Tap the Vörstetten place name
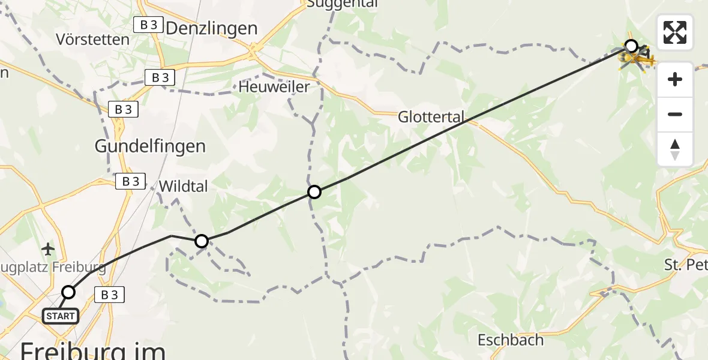pos(92,40)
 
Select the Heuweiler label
pos(274,87)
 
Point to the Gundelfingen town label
pos(150,146)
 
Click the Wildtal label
pos(183,187)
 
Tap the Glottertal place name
pos(431,118)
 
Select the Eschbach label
pos(511,340)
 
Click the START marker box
pos(61,316)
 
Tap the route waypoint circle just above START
pos(68,292)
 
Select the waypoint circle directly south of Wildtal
pos(202,241)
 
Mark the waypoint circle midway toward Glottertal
pos(314,192)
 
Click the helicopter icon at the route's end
pos(637,58)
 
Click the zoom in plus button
pos(675,79)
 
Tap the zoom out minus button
pos(675,114)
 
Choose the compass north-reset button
pos(675,149)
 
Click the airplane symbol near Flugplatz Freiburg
pos(49,248)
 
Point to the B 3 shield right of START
pos(109,295)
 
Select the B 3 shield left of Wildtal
pos(130,181)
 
